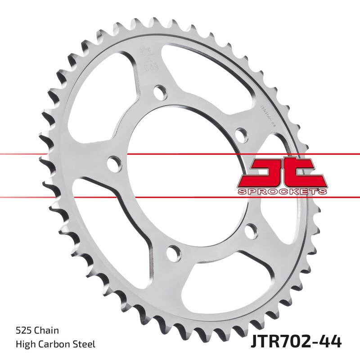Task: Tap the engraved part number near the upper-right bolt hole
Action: pos(269,112)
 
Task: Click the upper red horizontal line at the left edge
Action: pos(18,154)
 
